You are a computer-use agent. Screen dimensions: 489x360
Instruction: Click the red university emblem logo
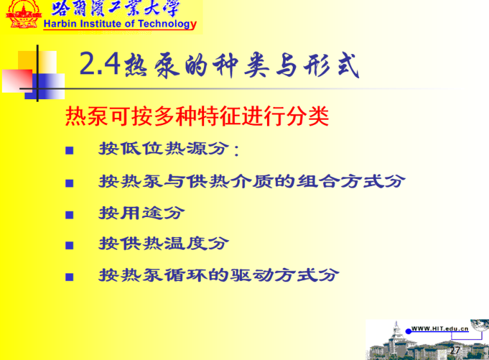(23, 14)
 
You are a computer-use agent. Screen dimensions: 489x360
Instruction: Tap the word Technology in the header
(167, 24)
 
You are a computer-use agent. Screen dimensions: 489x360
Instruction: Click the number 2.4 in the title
(100, 64)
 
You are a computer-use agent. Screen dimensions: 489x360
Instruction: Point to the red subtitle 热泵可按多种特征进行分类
(197, 116)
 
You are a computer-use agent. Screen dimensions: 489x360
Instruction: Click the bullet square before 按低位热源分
(69, 151)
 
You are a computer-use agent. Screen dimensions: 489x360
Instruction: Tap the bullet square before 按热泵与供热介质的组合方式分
(69, 183)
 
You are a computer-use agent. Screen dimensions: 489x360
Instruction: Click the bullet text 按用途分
(142, 213)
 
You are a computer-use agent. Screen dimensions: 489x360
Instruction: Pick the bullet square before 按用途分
(69, 215)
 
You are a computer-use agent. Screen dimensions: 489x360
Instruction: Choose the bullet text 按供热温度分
(163, 243)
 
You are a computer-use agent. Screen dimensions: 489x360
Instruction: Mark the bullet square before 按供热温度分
(69, 245)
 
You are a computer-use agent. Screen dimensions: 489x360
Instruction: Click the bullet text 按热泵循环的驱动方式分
(219, 276)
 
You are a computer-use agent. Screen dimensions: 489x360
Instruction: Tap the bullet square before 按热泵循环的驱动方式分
(69, 277)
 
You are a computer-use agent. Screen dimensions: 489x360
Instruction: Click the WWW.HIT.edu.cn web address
(439, 328)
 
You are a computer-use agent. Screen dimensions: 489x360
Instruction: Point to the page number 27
(455, 350)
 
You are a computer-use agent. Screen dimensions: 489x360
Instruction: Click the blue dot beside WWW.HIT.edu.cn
(408, 331)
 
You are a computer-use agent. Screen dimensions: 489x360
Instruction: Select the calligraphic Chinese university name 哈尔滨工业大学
(115, 8)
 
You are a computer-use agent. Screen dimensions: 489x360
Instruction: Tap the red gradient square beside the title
(17, 81)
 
